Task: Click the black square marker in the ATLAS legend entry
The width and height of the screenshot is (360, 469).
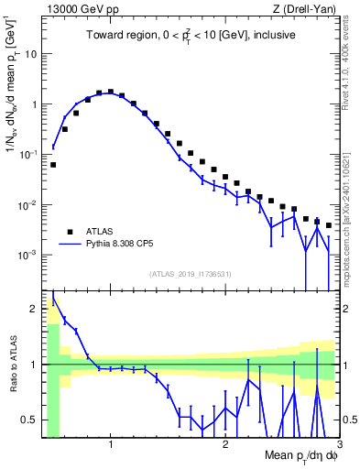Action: [x=70, y=232]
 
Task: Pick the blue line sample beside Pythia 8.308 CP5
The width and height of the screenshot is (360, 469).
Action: [x=70, y=245]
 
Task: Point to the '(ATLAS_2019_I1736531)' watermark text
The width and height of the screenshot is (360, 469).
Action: [x=191, y=273]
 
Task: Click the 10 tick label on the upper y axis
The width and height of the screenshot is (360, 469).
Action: [x=31, y=54]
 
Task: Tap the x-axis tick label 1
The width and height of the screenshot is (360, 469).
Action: [x=111, y=445]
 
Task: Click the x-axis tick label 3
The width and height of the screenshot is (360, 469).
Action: [x=339, y=445]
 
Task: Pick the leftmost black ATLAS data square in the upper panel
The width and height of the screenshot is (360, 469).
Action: [x=53, y=165]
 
